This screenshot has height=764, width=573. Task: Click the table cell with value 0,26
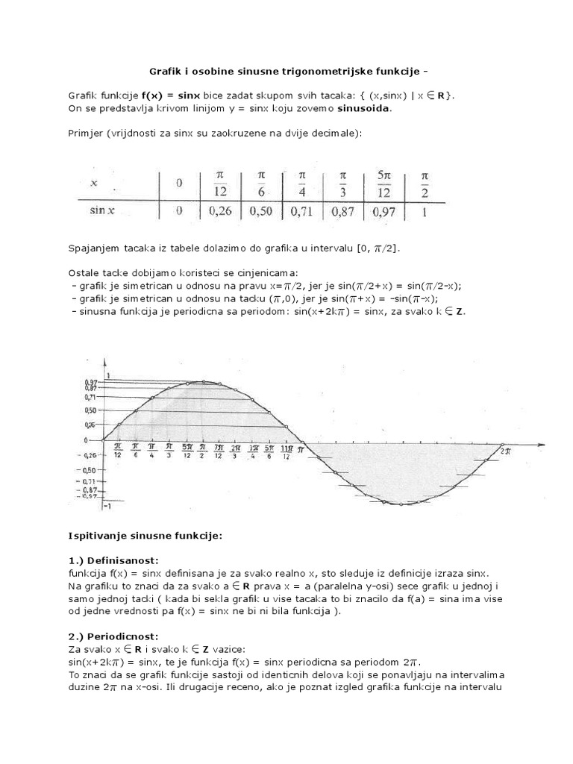point(221,211)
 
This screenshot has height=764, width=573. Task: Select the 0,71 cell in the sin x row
point(303,211)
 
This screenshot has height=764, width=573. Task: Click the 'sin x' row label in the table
point(101,211)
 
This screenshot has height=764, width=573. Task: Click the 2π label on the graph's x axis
point(505,451)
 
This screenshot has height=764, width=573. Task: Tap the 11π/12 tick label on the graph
point(286,451)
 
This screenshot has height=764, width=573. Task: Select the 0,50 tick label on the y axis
point(90,410)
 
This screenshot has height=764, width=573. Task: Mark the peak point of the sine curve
point(201,381)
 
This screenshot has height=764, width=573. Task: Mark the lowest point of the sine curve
point(401,504)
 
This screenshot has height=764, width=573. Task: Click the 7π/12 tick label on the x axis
point(219,451)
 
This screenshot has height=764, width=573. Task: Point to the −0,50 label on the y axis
point(89,470)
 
